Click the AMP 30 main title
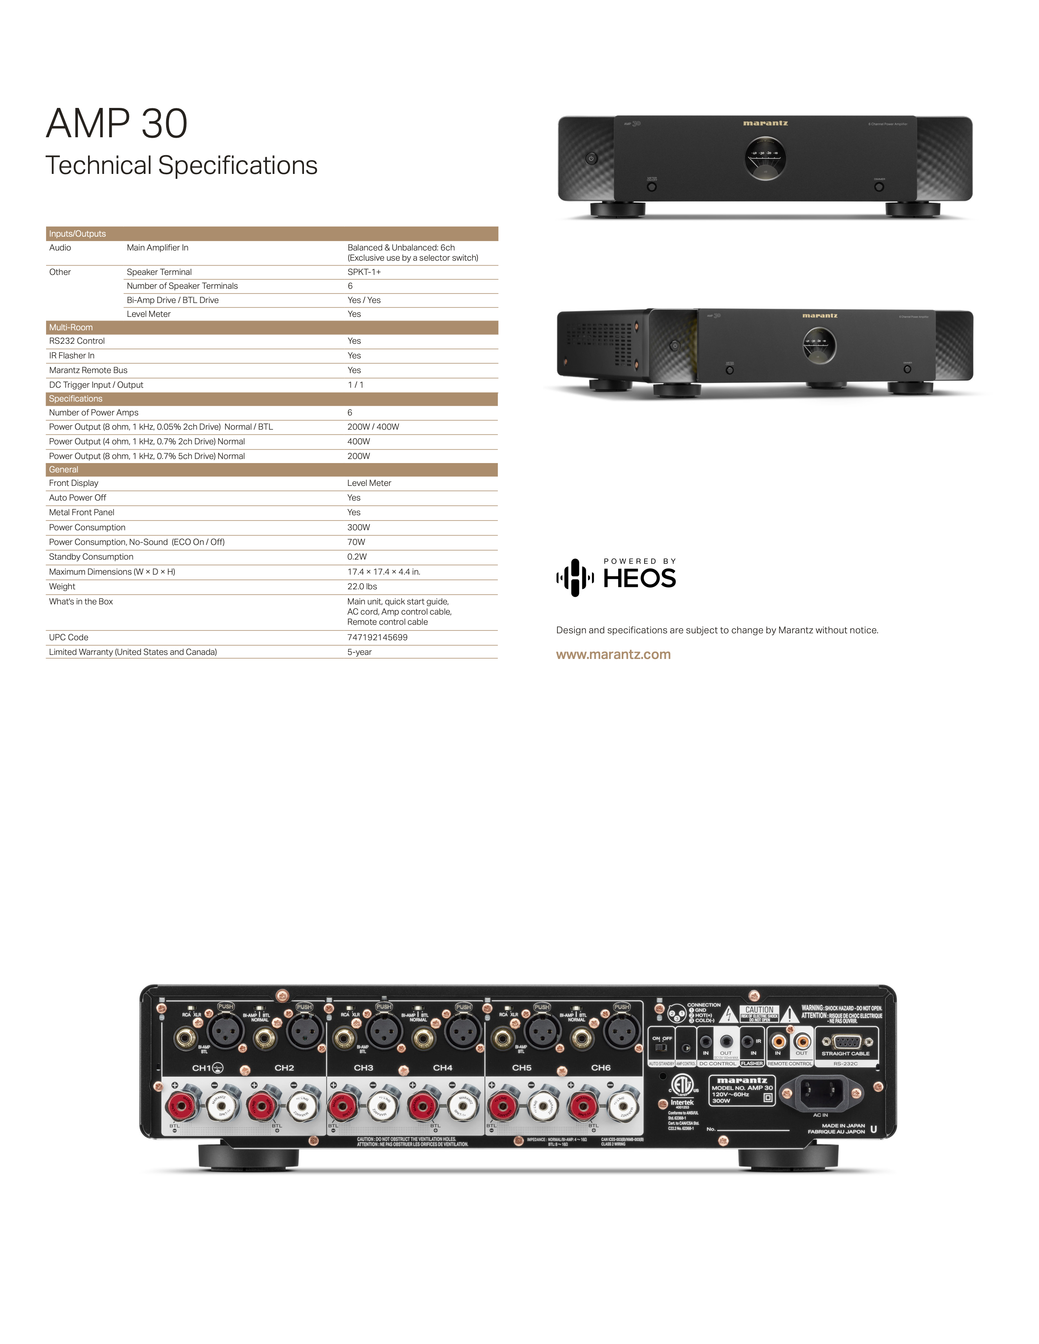tap(117, 124)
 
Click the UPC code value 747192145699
tap(377, 637)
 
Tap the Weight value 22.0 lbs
tap(362, 586)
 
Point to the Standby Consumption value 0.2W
tap(357, 557)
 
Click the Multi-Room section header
tap(71, 327)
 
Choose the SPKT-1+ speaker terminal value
tap(364, 272)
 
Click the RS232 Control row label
tap(77, 341)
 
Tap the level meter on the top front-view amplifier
tap(765, 158)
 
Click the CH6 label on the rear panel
tap(600, 1068)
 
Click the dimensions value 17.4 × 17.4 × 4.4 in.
tap(383, 572)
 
